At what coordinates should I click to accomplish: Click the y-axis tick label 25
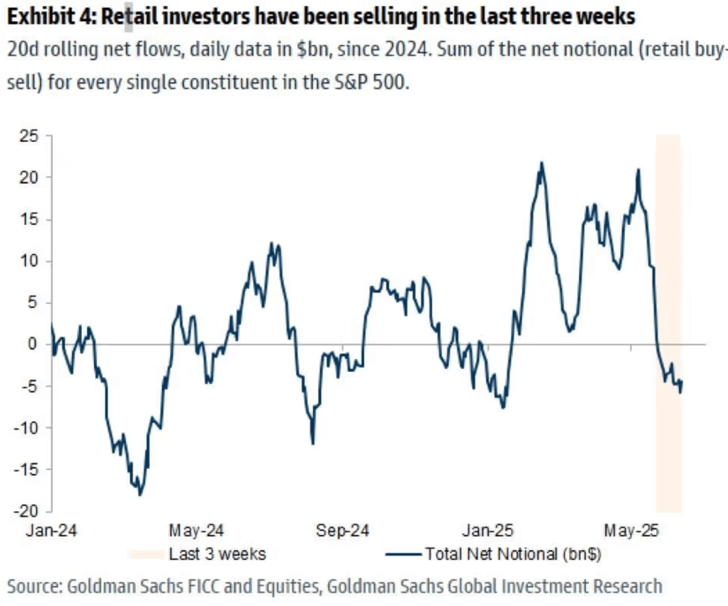pyautogui.click(x=29, y=136)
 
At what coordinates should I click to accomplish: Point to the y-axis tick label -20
pyautogui.click(x=26, y=511)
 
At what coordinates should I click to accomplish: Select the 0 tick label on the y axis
pyautogui.click(x=32, y=344)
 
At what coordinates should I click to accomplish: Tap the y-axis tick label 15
pyautogui.click(x=29, y=220)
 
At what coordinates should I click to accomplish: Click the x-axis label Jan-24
pyautogui.click(x=51, y=531)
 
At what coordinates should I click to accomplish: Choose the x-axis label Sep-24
pyautogui.click(x=342, y=531)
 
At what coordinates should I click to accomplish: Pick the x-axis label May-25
pyautogui.click(x=631, y=531)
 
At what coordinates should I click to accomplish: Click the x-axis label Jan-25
pyautogui.click(x=488, y=531)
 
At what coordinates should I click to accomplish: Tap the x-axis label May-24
pyautogui.click(x=196, y=531)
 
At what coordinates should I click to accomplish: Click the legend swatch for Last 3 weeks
pyautogui.click(x=145, y=554)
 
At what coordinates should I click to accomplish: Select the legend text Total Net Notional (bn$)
pyautogui.click(x=513, y=554)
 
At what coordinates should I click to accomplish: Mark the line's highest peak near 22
pyautogui.click(x=541, y=163)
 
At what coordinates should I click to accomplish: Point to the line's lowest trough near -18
pyautogui.click(x=140, y=494)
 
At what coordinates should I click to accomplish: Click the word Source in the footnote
pyautogui.click(x=34, y=587)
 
